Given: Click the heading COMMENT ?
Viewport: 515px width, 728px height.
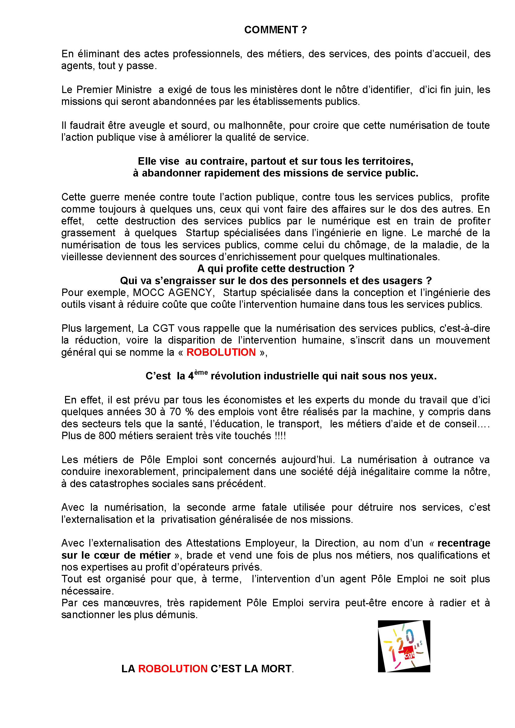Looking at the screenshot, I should (275, 30).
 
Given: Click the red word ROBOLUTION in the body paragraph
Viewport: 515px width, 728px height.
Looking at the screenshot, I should (221, 352).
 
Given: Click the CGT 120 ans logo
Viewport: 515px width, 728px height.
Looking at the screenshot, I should (404, 646).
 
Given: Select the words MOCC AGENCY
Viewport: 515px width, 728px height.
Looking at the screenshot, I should (172, 292).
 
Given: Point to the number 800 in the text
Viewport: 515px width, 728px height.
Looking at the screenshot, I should (107, 436).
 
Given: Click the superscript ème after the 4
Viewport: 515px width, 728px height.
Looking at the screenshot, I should (201, 373).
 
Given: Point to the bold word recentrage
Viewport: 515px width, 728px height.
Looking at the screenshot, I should (463, 543).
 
